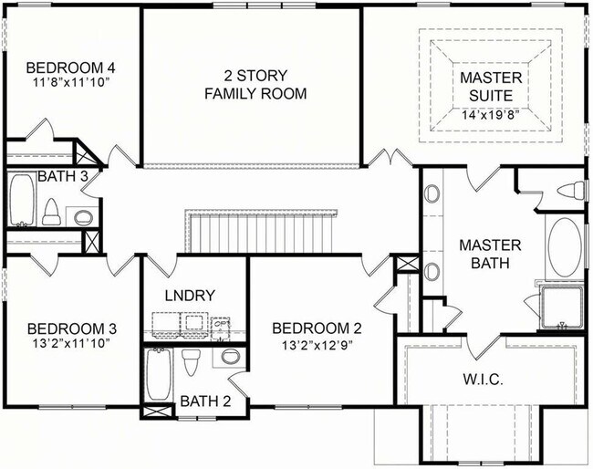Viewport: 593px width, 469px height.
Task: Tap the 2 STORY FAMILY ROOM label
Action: pos(255,84)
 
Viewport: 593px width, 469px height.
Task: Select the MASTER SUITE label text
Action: pos(492,86)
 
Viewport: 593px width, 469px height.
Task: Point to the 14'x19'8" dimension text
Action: pos(492,114)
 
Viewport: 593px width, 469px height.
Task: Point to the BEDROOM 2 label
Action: pos(310,328)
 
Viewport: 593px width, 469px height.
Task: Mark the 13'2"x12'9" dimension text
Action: pos(310,345)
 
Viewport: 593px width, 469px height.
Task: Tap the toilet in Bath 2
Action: pos(191,362)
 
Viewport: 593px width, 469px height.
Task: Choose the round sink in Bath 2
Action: pos(230,357)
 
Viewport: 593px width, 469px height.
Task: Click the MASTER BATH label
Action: pos(490,254)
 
